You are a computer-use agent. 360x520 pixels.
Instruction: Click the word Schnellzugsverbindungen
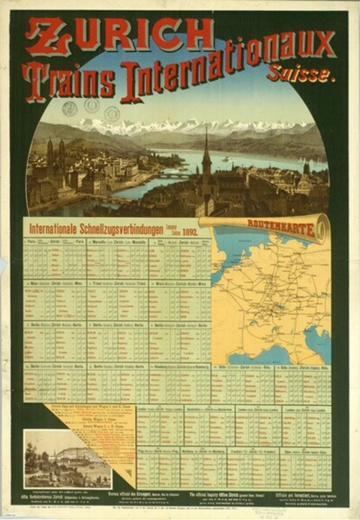tap(121, 230)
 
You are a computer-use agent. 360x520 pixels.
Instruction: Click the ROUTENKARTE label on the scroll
tap(281, 226)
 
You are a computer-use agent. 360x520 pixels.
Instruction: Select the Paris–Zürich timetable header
tap(55, 242)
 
